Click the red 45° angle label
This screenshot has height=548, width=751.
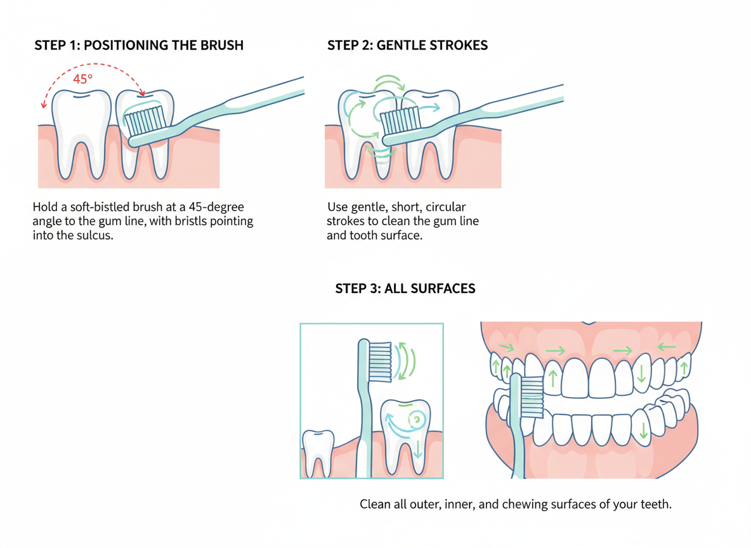83,79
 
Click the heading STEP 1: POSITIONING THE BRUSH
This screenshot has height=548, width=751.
139,46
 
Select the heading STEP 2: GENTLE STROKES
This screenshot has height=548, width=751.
407,46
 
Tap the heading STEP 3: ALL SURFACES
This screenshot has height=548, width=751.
405,289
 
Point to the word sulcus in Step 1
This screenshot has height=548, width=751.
95,235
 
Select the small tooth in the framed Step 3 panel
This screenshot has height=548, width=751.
318,452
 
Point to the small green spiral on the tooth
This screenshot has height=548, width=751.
415,419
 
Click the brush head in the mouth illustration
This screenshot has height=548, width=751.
531,397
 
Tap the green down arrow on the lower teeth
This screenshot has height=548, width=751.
644,431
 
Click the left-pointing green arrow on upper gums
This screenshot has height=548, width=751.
665,347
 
